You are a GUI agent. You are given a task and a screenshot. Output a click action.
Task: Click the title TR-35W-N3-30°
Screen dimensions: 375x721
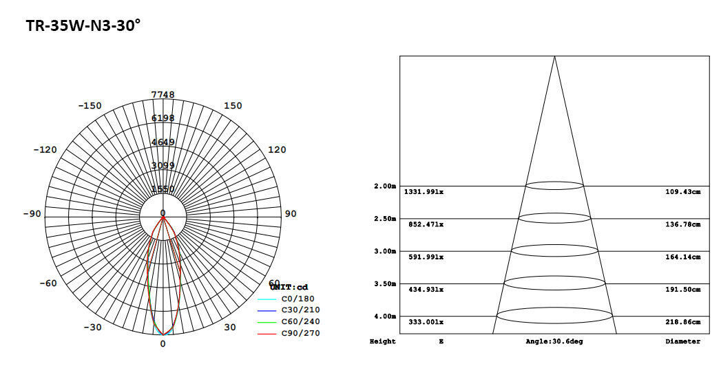pos(83,26)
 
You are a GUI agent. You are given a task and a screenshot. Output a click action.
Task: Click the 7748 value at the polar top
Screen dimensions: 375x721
pos(163,95)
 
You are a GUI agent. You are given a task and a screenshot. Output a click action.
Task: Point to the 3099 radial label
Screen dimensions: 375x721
pos(163,165)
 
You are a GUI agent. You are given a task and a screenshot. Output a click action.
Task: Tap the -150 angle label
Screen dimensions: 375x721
pos(90,106)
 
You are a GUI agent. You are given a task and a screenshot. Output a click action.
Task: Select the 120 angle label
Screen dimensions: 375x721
pos(276,150)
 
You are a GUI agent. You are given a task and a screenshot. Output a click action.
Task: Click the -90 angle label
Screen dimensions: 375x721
pos(32,214)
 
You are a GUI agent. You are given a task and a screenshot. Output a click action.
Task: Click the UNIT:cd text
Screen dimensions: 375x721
pos(289,287)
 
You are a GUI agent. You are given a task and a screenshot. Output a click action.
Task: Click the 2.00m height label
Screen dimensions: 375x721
pos(385,186)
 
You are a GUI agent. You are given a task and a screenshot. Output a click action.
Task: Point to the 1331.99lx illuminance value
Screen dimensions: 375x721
pos(424,192)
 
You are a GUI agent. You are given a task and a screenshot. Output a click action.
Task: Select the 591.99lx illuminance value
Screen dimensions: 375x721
pos(426,257)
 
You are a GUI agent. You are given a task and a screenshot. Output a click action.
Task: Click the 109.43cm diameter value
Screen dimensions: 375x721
pos(683,192)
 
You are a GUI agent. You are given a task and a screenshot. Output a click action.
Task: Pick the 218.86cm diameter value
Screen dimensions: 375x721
pos(683,322)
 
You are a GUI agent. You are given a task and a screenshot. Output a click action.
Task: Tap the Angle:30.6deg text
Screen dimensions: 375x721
pos(554,341)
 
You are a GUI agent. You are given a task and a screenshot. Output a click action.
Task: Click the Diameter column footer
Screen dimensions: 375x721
pos(683,341)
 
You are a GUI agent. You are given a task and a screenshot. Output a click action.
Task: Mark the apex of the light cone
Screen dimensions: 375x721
pos(554,56)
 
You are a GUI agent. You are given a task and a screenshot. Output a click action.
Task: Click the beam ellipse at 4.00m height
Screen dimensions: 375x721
pos(554,316)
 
